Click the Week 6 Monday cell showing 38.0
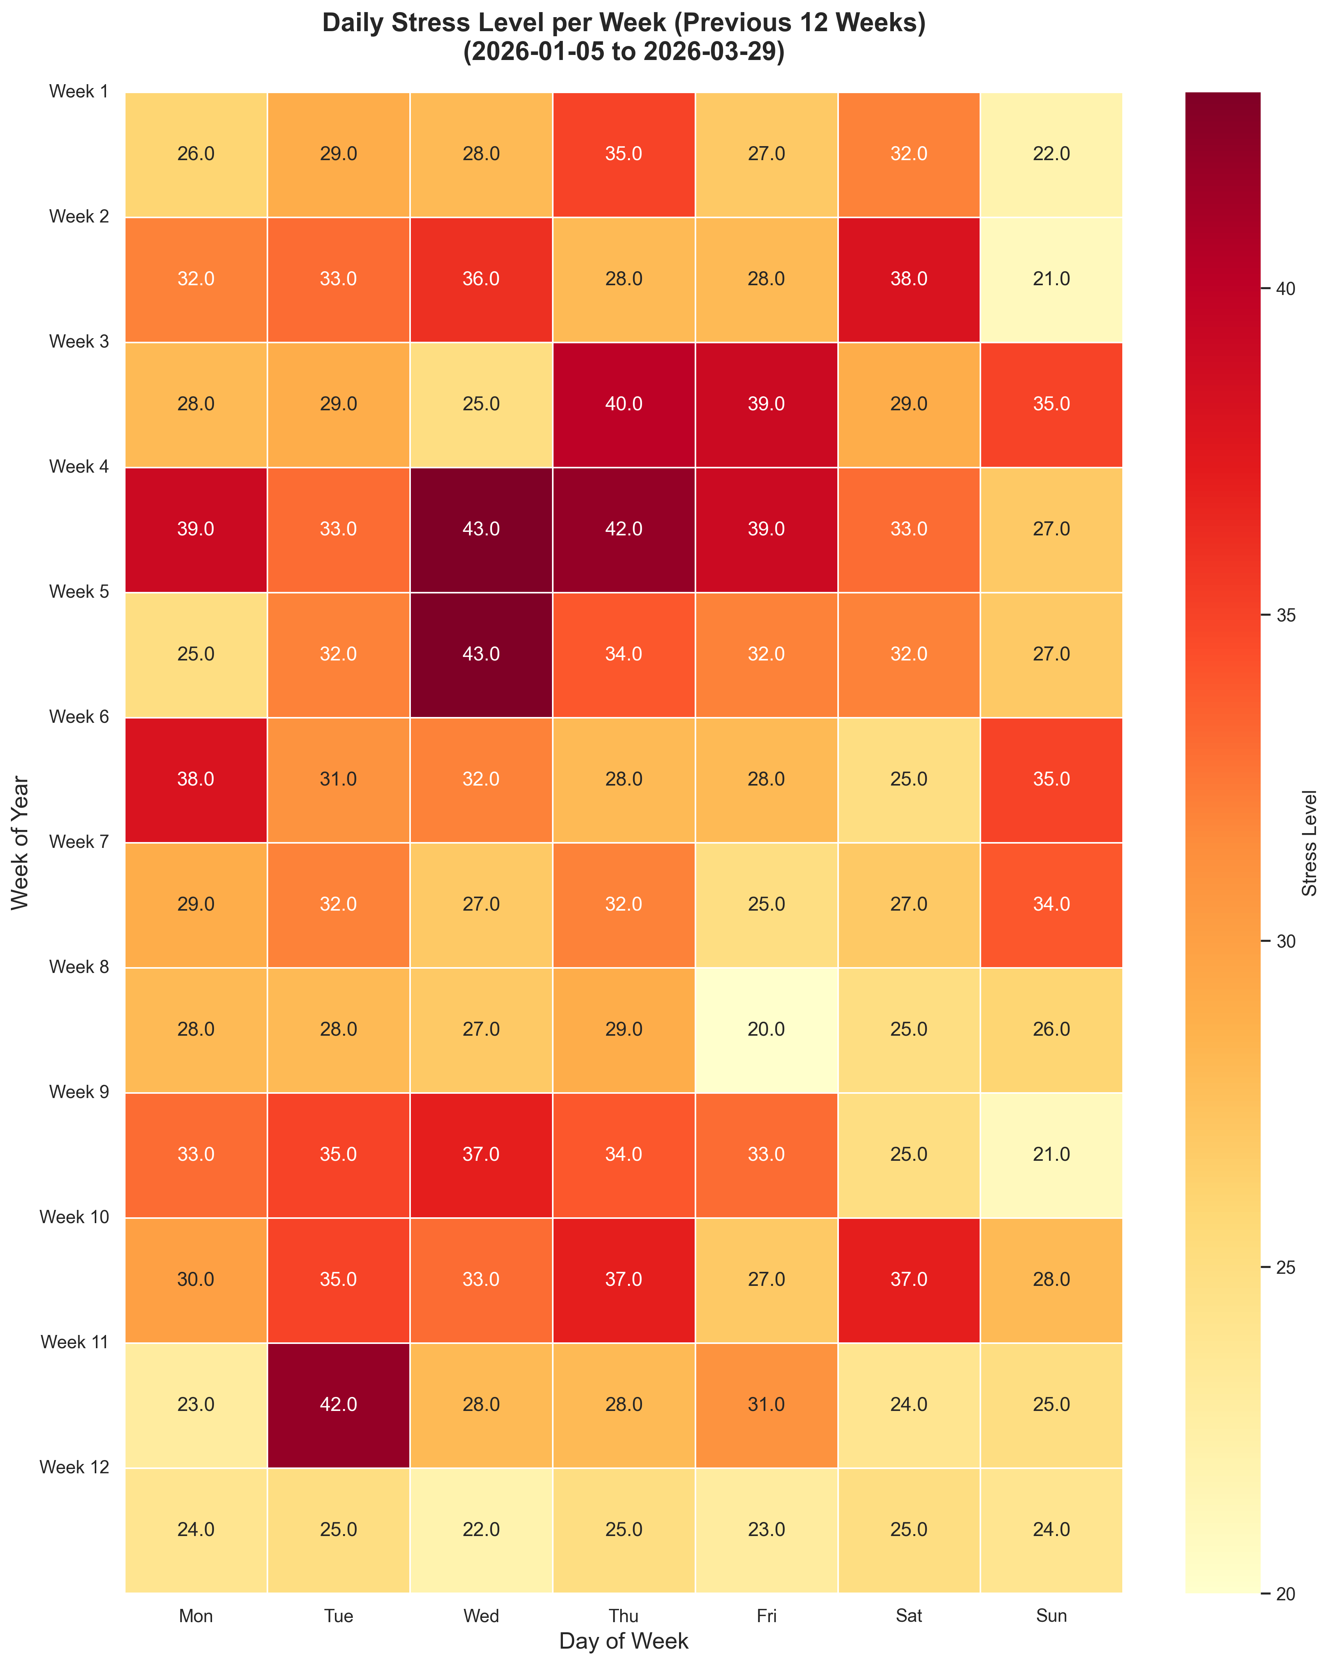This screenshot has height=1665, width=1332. (196, 779)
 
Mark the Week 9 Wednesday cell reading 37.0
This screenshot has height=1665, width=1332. (481, 1155)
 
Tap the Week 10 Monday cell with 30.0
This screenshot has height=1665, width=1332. (196, 1280)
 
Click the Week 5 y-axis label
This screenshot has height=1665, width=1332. (79, 592)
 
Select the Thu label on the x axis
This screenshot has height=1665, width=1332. (623, 1616)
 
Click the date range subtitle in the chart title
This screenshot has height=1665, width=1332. (623, 53)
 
